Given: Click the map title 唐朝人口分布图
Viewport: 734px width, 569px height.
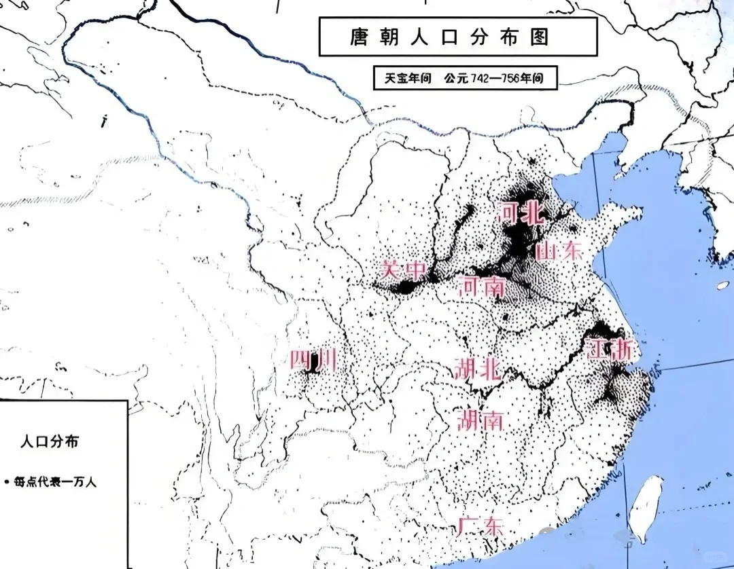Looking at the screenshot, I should [458, 36].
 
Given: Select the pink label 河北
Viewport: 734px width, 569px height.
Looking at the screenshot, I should [521, 213].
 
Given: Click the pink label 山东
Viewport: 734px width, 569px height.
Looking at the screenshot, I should [559, 251].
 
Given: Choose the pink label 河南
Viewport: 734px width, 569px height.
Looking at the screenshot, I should [483, 287].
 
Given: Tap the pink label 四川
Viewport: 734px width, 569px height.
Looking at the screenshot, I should [312, 360].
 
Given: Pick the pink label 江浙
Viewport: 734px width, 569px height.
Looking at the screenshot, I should [610, 350].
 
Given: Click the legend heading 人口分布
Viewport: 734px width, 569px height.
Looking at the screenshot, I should [49, 441].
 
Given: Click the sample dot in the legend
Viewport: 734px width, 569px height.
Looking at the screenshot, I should [7, 482].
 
